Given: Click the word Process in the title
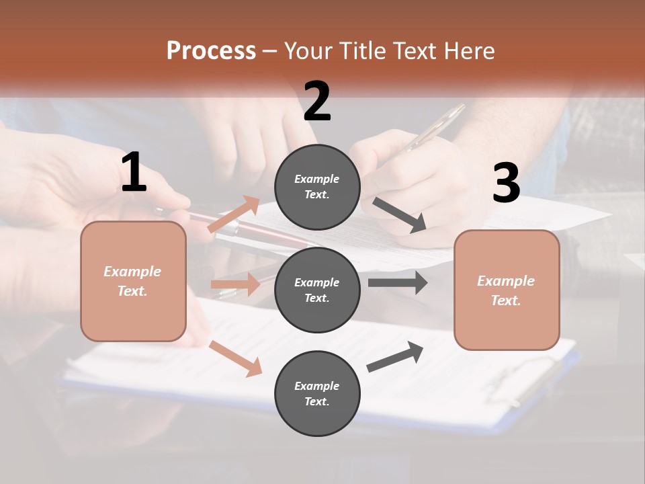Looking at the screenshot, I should point(211,50).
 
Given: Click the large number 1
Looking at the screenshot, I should point(134,173).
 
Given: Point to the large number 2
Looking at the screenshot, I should point(317,102).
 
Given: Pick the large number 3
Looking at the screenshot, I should point(506,184).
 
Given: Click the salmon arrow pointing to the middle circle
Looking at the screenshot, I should point(235,284).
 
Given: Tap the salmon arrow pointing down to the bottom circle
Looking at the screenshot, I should point(236,358).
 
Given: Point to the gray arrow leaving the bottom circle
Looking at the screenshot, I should point(395,357).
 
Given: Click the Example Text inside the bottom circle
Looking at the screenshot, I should point(317,393).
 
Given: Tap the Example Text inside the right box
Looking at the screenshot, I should point(506,290).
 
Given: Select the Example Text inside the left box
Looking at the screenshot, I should point(132,281).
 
